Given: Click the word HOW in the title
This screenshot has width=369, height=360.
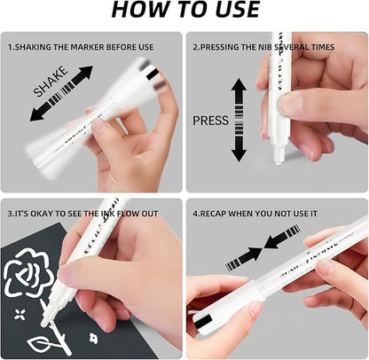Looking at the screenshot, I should (x=137, y=11).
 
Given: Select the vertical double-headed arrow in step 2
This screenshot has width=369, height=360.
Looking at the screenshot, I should (x=239, y=120).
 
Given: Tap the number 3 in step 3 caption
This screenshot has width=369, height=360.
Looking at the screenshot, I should (x=11, y=214).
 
